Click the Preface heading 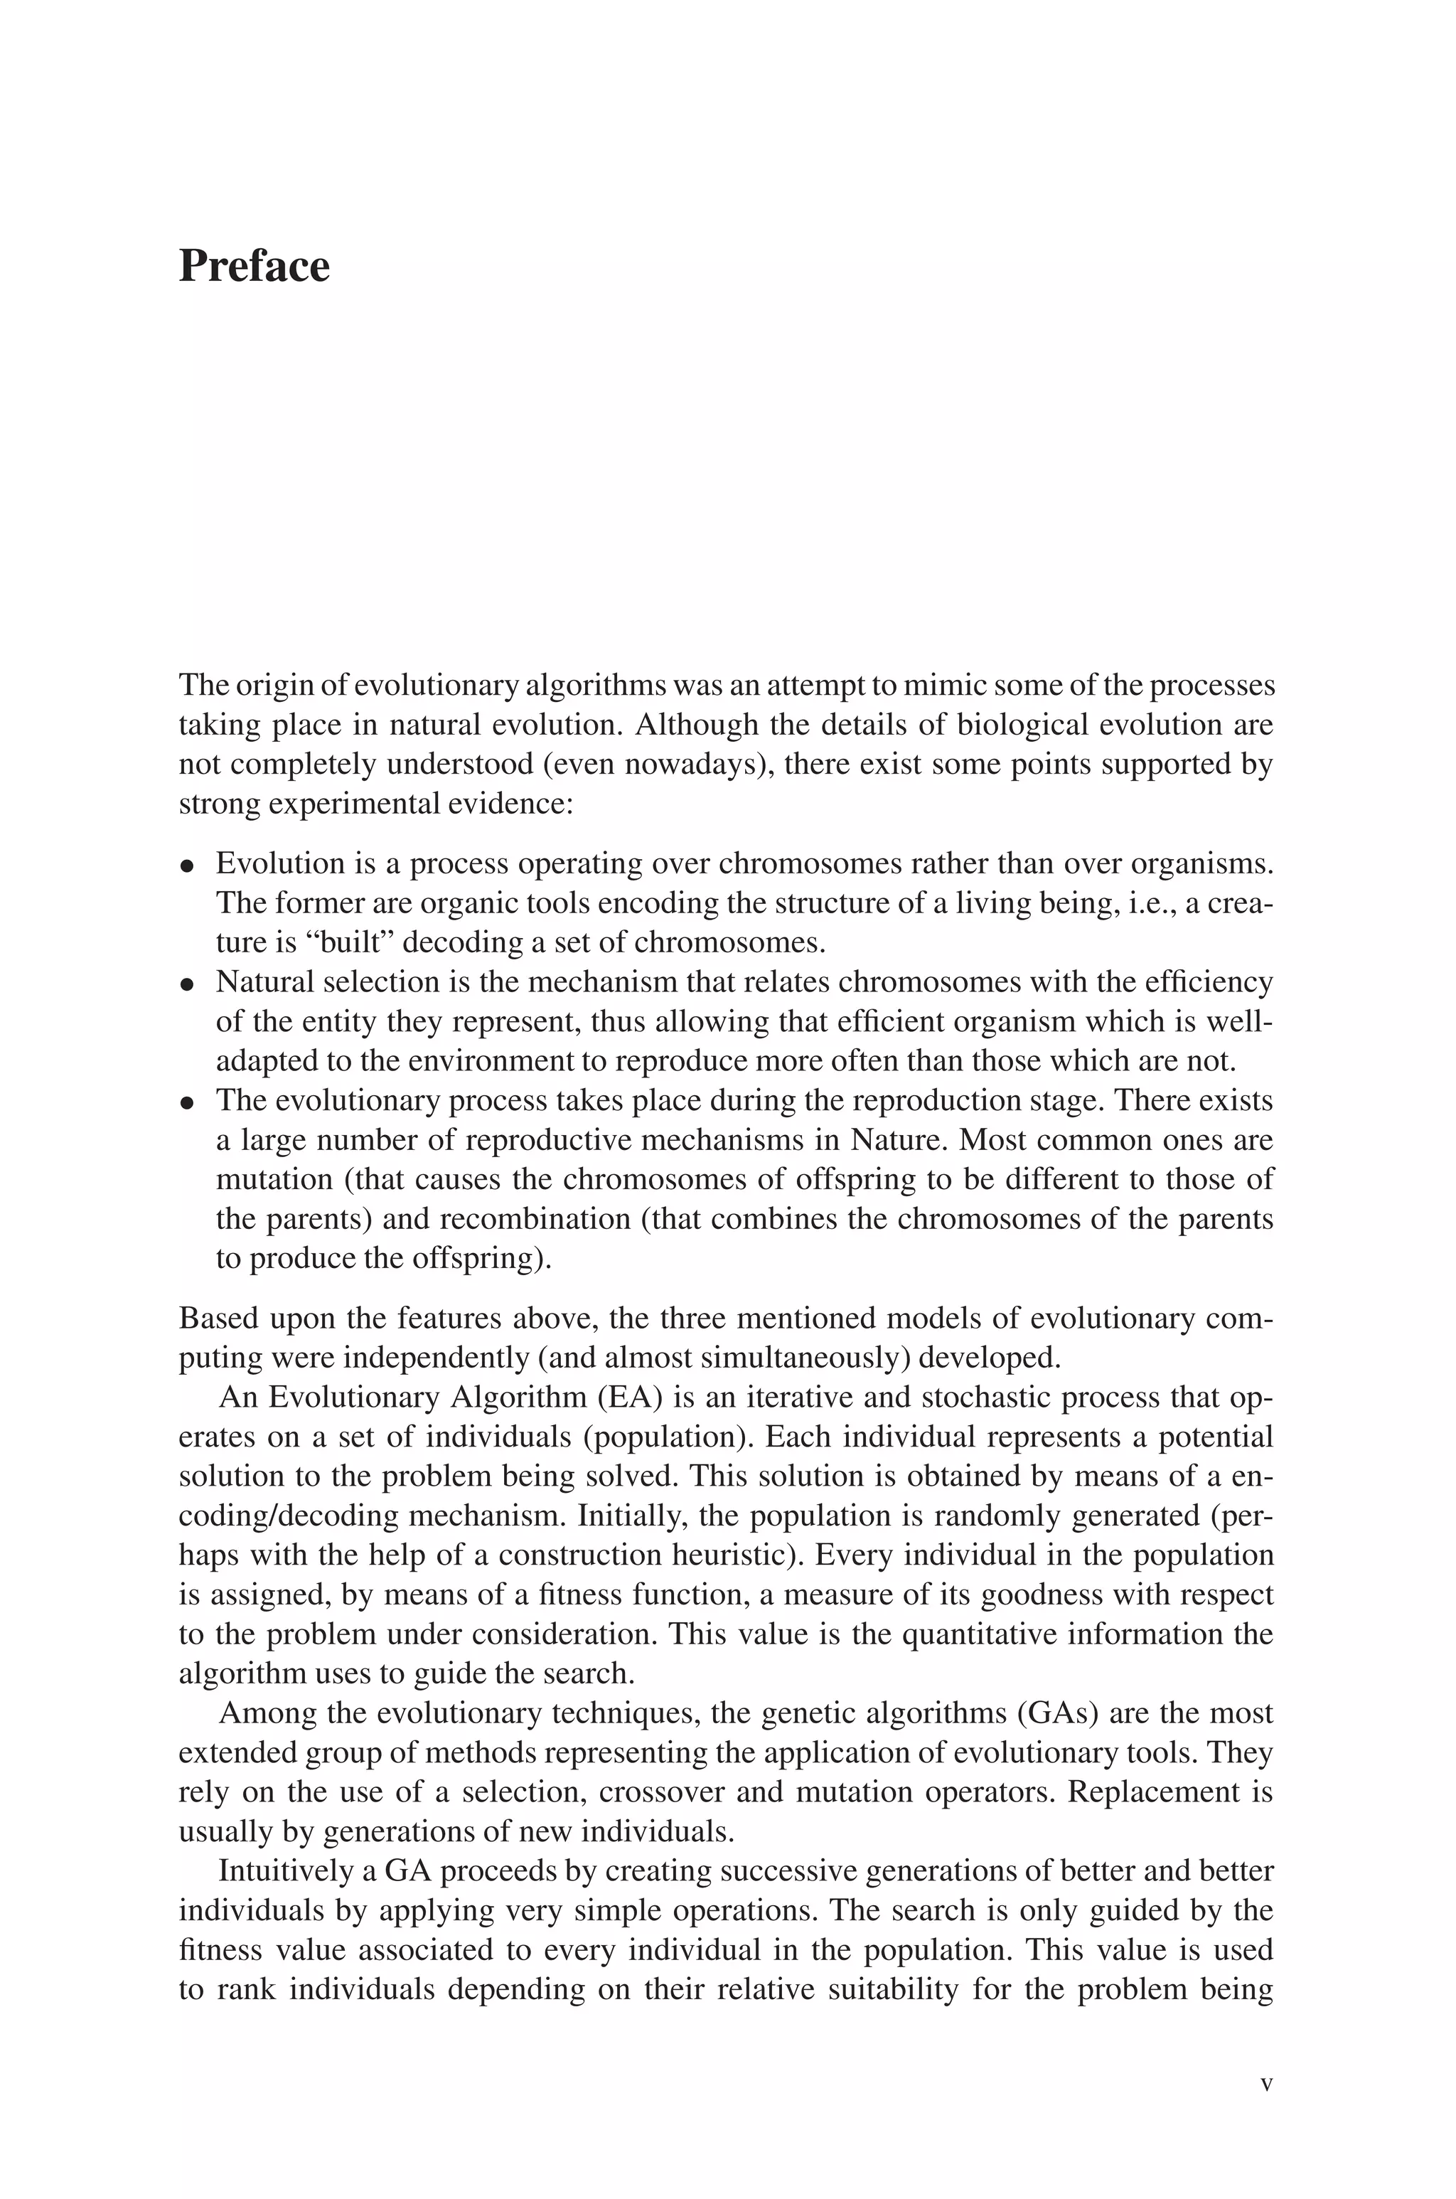click(254, 267)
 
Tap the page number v click(1265, 2083)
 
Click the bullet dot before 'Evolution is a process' click(188, 866)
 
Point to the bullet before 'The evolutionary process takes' click(188, 1103)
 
